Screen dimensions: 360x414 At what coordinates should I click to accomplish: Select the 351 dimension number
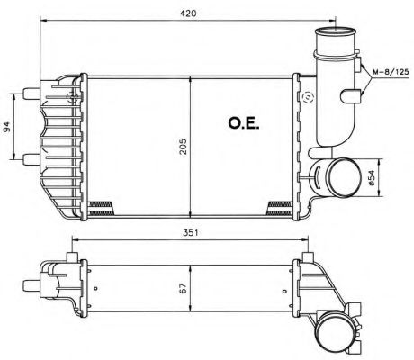click(x=187, y=232)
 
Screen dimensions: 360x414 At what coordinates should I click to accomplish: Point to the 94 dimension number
click(x=9, y=127)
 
